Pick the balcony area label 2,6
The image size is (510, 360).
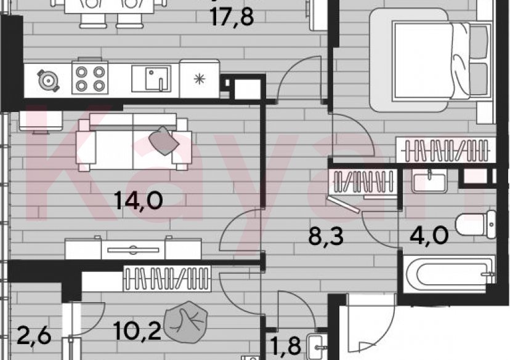(x=30, y=338)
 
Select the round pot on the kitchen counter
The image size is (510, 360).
(x=47, y=79)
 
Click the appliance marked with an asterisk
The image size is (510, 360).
(x=199, y=78)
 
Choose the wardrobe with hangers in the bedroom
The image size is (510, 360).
(x=445, y=151)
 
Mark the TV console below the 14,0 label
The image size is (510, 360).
(x=134, y=249)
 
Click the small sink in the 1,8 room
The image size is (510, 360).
(x=319, y=347)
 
